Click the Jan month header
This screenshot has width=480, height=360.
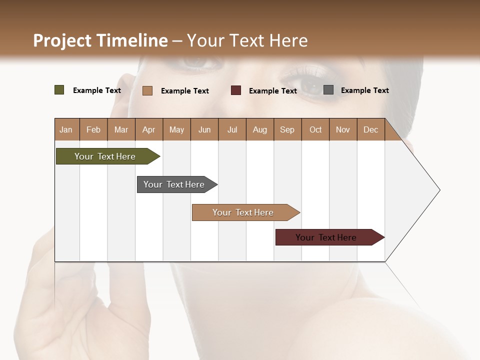coord(66,129)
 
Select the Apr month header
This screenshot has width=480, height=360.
coord(149,129)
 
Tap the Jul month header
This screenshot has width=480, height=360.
coord(232,129)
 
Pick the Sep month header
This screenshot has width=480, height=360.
coord(287,129)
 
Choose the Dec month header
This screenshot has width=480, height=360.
coord(370,129)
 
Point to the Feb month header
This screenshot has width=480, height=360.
coord(93,129)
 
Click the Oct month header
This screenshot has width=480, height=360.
coord(315,129)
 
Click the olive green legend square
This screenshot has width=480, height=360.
coord(59,90)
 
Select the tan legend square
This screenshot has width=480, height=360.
coord(147,90)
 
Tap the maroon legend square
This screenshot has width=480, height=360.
coord(236,90)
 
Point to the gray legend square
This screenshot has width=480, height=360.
coord(328,90)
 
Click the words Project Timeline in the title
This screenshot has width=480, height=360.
coord(100,40)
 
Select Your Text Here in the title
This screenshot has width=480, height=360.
coord(247,40)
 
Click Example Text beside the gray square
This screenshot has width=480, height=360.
coord(364,90)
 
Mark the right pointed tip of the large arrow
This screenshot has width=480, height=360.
coord(438,190)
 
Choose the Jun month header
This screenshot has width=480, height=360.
coord(204,129)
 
